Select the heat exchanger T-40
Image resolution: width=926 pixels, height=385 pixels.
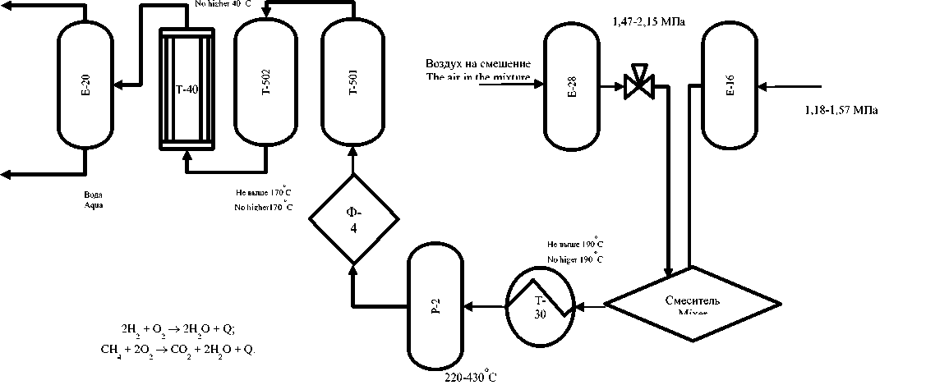point(186,89)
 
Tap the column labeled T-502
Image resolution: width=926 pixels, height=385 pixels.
point(265,82)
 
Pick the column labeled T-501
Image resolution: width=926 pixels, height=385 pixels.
point(353,82)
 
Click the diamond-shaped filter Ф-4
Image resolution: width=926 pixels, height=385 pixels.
point(353,219)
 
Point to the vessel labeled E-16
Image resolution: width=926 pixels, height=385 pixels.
point(729,85)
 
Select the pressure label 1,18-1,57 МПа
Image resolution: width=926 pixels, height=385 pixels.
point(837,110)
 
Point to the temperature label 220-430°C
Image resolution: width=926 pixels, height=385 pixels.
point(470,378)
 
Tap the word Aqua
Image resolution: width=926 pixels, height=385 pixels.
point(94,204)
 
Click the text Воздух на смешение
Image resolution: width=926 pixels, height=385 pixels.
point(477,64)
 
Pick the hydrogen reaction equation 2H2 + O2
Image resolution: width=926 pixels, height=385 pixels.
point(177,330)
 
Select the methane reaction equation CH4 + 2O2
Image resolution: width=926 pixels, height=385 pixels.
point(177,349)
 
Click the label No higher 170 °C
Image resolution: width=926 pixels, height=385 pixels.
point(263,207)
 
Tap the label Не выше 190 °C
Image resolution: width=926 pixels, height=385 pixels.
point(576,244)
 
